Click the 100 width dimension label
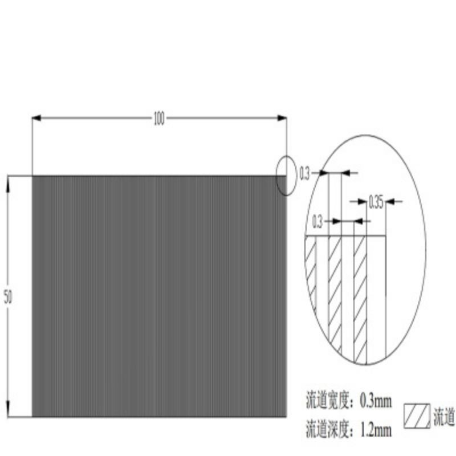pyautogui.click(x=158, y=119)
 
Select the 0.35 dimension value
pyautogui.click(x=376, y=201)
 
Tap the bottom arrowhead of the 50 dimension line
pyautogui.click(x=8, y=412)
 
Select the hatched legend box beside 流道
pyautogui.click(x=417, y=416)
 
